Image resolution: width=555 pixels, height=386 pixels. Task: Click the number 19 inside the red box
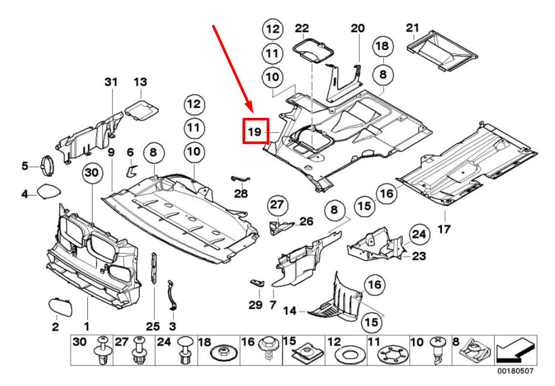coord(255,131)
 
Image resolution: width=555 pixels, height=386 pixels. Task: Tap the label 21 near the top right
coord(412,28)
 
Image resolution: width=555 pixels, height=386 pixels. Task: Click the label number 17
coord(445,230)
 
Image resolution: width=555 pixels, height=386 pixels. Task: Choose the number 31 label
coord(110,82)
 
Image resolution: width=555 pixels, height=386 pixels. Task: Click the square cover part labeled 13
coord(142,109)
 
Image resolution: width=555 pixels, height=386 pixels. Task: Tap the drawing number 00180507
coord(515,371)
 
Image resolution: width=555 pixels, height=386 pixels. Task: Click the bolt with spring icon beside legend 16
coord(269,351)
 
